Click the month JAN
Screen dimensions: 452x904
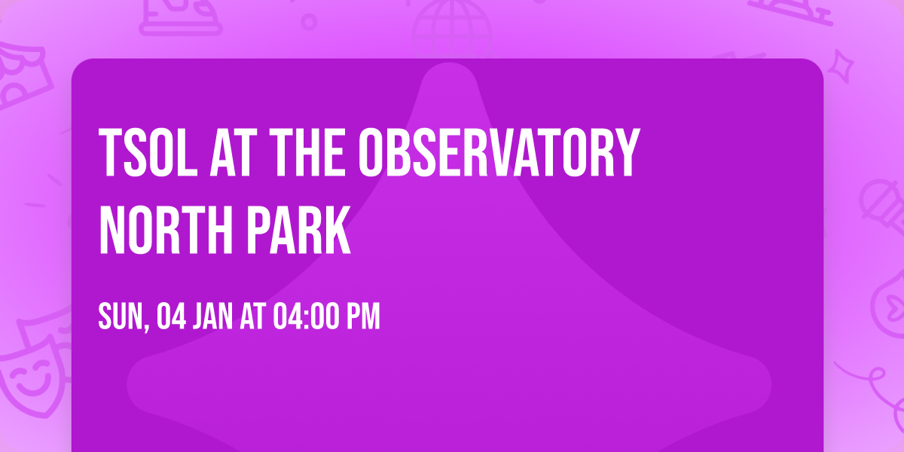pyautogui.click(x=212, y=317)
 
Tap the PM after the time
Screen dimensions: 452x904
pyautogui.click(x=364, y=317)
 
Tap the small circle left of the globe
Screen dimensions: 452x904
pyautogui.click(x=309, y=20)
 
